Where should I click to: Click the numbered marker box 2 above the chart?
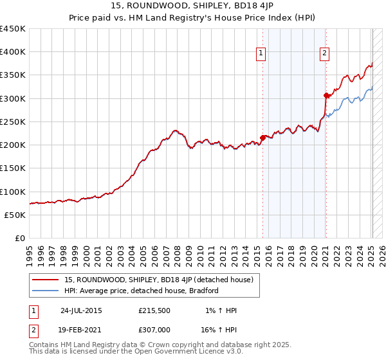[325, 53]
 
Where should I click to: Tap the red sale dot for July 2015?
[262, 137]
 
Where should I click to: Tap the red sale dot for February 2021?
[326, 95]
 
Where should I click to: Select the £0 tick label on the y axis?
[19, 239]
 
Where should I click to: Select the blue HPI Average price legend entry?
[142, 291]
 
